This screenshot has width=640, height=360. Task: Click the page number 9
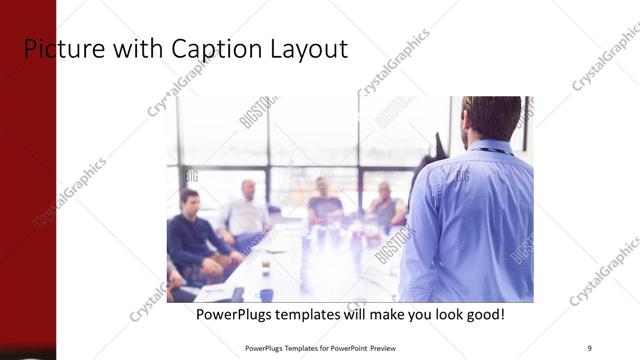(589, 347)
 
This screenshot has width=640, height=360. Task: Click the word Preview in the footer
(377, 348)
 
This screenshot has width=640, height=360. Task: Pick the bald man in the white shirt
(246, 211)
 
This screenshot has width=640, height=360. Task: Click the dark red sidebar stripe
(27, 200)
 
